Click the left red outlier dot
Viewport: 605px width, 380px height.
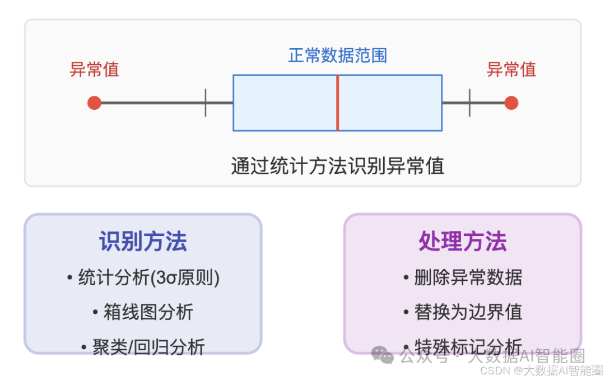pyautogui.click(x=94, y=103)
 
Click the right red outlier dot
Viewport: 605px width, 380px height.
pyautogui.click(x=511, y=103)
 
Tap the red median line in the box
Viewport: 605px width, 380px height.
pyautogui.click(x=337, y=103)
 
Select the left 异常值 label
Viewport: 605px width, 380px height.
pyautogui.click(x=94, y=69)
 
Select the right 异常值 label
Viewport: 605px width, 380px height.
pyautogui.click(x=511, y=69)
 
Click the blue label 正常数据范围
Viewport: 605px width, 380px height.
pyautogui.click(x=337, y=55)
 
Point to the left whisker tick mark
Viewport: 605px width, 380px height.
pyautogui.click(x=206, y=103)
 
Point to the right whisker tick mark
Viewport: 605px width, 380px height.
pyautogui.click(x=469, y=103)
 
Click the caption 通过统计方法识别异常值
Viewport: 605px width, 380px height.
pyautogui.click(x=337, y=166)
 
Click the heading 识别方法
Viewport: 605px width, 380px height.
pyautogui.click(x=143, y=242)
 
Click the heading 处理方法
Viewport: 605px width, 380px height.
pyautogui.click(x=463, y=242)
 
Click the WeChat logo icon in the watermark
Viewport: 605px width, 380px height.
pyautogui.click(x=383, y=355)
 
